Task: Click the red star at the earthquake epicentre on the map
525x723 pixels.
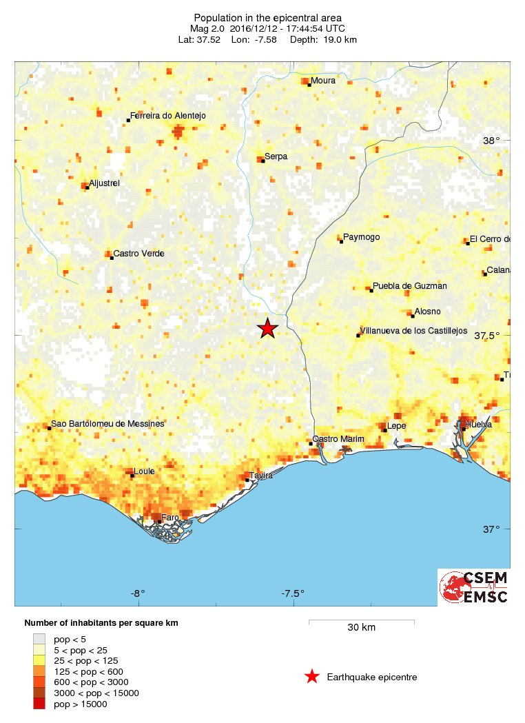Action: (x=268, y=329)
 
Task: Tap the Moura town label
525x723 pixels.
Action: (x=323, y=81)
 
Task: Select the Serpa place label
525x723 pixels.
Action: (x=276, y=156)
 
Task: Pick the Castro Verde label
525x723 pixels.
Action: (x=138, y=254)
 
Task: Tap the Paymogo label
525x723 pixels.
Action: (x=361, y=237)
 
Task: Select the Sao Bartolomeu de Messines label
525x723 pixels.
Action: (x=107, y=424)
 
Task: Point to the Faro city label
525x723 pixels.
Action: (x=169, y=518)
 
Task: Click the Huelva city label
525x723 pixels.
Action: (x=478, y=425)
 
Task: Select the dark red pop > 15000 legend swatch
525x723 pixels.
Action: (x=40, y=704)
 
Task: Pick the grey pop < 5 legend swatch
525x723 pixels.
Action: (x=40, y=640)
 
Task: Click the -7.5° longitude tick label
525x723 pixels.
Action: (x=293, y=593)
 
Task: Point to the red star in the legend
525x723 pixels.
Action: (x=312, y=677)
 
